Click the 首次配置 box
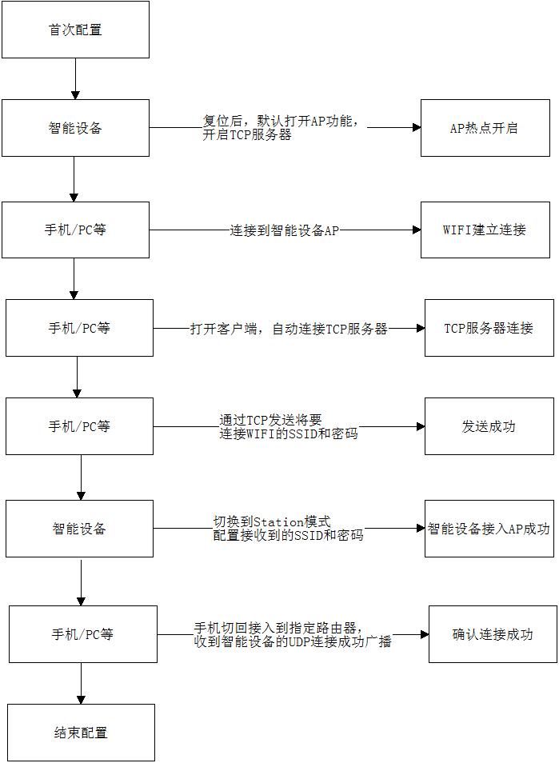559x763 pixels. tap(75, 30)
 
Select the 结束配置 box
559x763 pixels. tap(81, 732)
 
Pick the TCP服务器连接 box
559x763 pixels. tap(489, 328)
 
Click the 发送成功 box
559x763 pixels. tap(489, 426)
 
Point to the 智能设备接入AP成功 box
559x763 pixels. tap(489, 529)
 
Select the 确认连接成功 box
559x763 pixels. tap(493, 634)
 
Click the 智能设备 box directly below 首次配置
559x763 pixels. tap(75, 128)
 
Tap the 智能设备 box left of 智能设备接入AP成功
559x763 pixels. tap(79, 529)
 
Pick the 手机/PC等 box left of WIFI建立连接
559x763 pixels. tap(75, 230)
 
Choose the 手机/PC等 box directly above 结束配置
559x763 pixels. tap(82, 634)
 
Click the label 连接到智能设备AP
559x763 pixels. tap(285, 230)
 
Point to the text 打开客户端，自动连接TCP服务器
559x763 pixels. tap(289, 329)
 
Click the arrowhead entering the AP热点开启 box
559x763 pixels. tap(416, 128)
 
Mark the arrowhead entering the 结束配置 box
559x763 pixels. tap(81, 699)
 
